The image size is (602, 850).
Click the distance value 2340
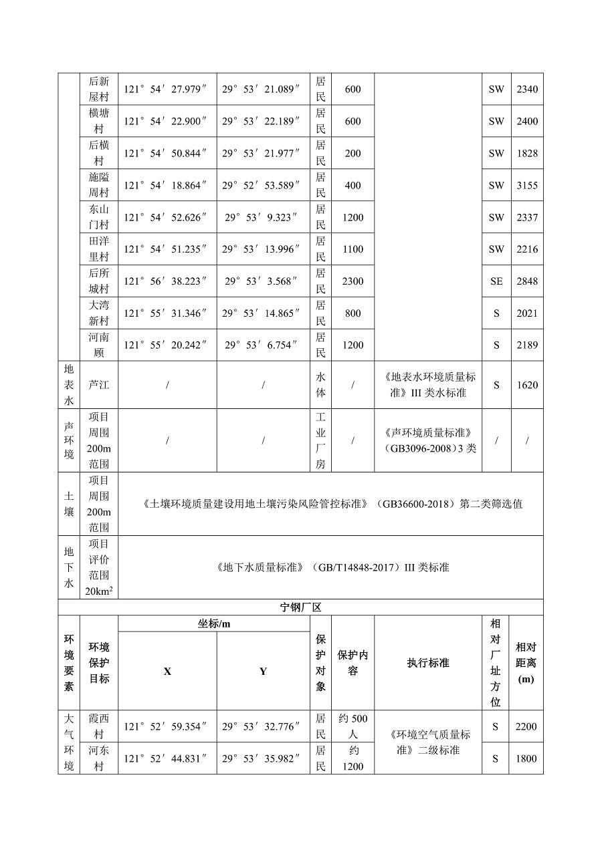point(526,89)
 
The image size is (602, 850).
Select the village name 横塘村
point(99,121)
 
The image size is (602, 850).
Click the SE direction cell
point(496,281)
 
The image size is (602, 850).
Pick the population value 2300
point(353,281)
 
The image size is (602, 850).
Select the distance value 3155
point(526,185)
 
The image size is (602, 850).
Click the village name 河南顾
point(99,345)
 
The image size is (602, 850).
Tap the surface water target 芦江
point(99,385)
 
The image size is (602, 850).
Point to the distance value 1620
point(526,385)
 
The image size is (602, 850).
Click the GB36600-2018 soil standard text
point(332,504)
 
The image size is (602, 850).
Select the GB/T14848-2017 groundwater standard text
point(332,567)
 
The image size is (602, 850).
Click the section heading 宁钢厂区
point(300,607)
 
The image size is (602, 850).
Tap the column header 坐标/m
point(214,623)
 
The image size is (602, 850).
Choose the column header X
point(167,671)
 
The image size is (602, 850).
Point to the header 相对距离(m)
point(526,663)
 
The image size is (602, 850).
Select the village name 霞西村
point(99,726)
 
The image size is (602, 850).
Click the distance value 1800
point(526,758)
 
